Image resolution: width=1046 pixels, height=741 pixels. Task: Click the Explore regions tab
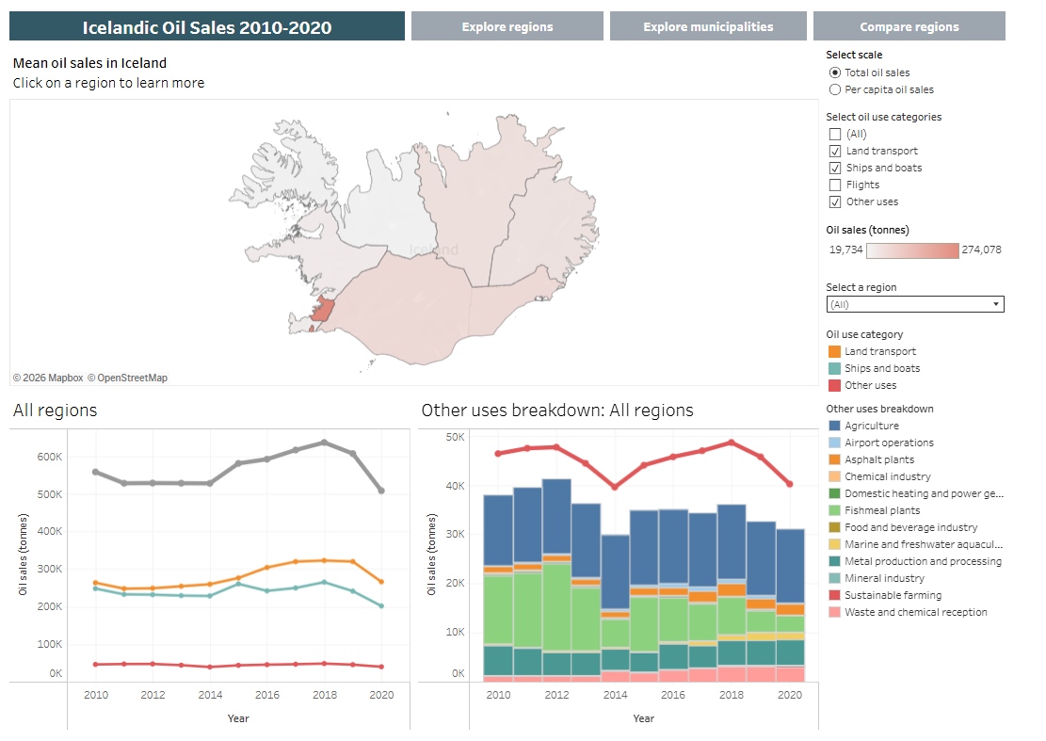[x=507, y=26]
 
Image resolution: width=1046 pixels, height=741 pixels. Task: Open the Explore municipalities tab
[x=708, y=26]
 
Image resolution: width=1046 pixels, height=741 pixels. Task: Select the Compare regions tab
[x=909, y=26]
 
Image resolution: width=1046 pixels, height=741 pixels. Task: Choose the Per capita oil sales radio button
[x=835, y=89]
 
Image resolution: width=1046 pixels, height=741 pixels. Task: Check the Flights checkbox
[x=835, y=185]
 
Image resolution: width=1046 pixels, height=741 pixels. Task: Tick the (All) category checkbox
[x=835, y=134]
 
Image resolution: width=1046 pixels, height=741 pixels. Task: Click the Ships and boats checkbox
[x=835, y=168]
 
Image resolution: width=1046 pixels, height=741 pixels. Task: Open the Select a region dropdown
[x=915, y=304]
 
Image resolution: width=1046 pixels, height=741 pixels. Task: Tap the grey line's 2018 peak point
[x=325, y=443]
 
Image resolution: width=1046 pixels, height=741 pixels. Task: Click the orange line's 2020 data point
[x=381, y=582]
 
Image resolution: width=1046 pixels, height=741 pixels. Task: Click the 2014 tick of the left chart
[x=210, y=694]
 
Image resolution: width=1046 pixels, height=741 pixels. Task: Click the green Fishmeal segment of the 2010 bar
[x=498, y=608]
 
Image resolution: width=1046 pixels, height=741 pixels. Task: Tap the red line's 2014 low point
[x=615, y=487]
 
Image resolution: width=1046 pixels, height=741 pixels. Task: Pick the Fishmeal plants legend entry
[x=882, y=510]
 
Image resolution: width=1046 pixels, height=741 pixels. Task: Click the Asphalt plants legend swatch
[x=834, y=459]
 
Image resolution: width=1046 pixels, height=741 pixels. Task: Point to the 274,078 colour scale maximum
[x=982, y=250]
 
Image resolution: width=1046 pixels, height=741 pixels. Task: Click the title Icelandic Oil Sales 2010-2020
[x=207, y=27]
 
